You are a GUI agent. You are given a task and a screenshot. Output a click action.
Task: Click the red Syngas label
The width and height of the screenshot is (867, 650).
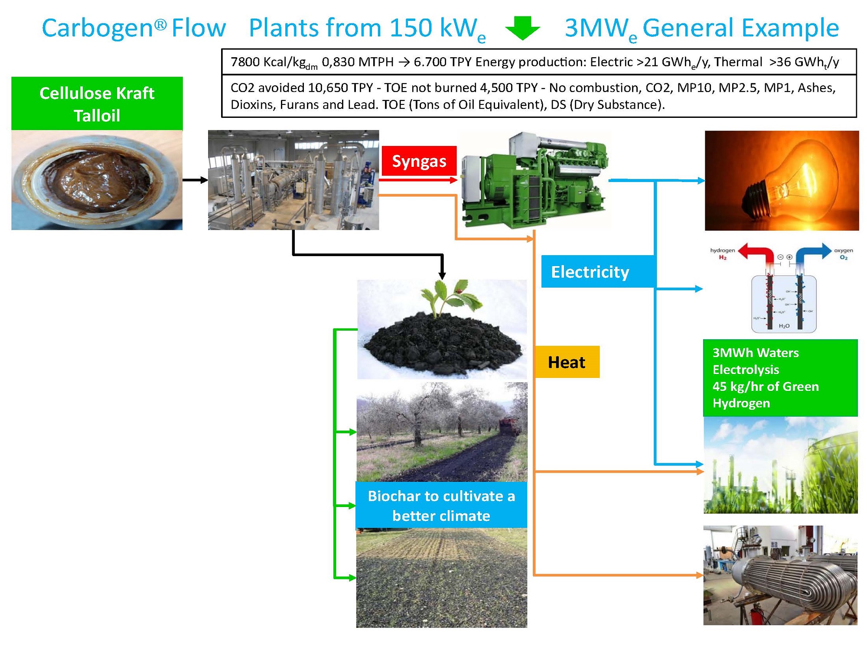click(419, 161)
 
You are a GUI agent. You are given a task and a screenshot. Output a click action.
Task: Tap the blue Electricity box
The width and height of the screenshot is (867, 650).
click(598, 272)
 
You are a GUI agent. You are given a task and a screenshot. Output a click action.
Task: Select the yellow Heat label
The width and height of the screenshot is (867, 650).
click(567, 362)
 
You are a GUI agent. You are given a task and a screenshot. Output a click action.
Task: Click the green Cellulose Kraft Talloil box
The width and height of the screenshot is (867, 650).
click(97, 104)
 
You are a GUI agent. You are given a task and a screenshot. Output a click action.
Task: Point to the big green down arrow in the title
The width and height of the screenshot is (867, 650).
click(523, 28)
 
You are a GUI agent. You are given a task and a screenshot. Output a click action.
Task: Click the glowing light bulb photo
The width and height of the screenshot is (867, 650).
click(781, 180)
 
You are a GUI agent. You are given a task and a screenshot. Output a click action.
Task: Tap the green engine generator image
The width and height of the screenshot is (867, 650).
click(535, 180)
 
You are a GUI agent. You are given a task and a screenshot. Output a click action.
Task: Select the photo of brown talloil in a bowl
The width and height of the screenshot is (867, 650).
click(97, 180)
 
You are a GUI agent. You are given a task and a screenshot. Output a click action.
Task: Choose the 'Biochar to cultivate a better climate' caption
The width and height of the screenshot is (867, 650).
click(441, 505)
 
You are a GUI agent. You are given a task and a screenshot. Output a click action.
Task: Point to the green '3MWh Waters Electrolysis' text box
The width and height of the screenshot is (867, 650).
click(780, 377)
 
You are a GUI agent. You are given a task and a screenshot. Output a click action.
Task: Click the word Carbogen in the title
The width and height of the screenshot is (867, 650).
click(98, 28)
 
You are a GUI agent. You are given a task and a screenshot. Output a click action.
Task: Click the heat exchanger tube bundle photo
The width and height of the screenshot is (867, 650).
click(780, 575)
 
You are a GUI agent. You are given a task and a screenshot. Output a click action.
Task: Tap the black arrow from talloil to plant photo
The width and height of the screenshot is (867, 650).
click(195, 180)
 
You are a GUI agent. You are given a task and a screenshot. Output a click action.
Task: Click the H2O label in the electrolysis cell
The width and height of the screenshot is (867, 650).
click(784, 325)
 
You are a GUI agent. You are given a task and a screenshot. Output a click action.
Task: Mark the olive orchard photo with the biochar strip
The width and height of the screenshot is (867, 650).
click(441, 432)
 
